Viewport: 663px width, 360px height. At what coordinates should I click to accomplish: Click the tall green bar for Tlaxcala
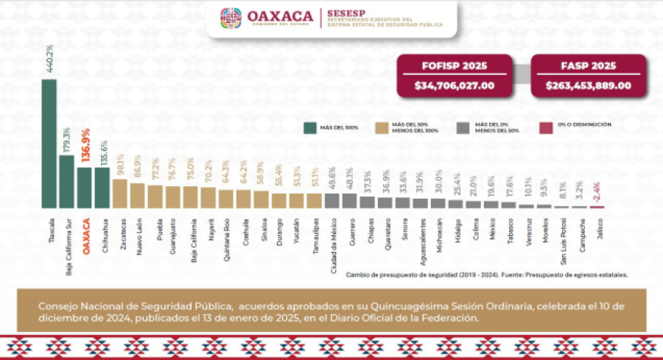[49, 144]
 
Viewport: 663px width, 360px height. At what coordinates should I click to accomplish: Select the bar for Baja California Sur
[66, 181]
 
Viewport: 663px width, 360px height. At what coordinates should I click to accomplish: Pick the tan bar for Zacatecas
[119, 194]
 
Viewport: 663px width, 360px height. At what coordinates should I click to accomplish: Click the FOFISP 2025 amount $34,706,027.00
[455, 85]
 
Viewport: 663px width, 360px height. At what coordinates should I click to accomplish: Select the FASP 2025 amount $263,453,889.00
[588, 85]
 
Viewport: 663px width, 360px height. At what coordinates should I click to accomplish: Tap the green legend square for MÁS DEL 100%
[310, 127]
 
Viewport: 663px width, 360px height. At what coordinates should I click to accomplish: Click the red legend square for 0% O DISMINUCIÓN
[546, 127]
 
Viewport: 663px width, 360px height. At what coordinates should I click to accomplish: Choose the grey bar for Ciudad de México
[331, 201]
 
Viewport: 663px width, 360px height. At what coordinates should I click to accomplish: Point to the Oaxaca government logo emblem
[231, 18]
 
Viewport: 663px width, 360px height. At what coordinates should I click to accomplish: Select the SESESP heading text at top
[345, 13]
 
